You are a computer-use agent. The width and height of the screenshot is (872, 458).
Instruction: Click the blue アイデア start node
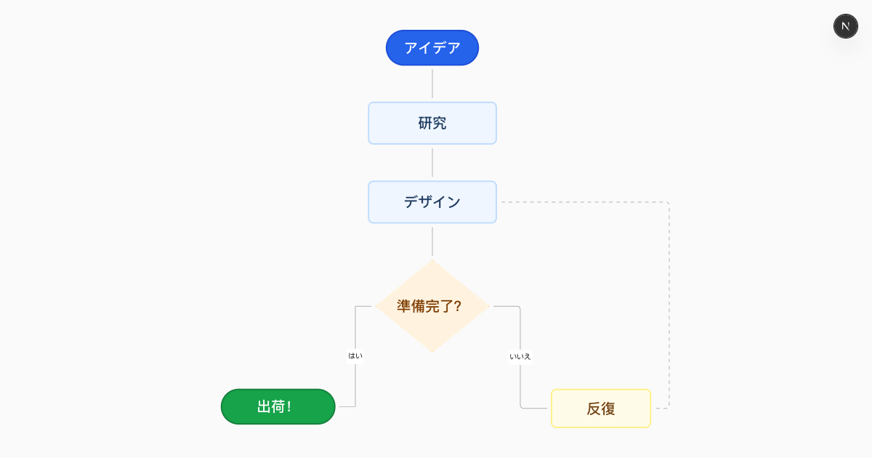pyautogui.click(x=432, y=48)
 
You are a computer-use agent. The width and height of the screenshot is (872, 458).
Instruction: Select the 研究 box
pyautogui.click(x=432, y=123)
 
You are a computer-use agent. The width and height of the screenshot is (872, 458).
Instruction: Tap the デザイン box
pyautogui.click(x=432, y=202)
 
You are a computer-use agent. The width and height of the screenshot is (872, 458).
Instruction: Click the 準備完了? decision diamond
pyautogui.click(x=432, y=306)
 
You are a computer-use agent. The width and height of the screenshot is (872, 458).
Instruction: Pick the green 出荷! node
pyautogui.click(x=278, y=406)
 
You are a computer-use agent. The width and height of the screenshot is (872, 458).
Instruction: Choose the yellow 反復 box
pyautogui.click(x=601, y=409)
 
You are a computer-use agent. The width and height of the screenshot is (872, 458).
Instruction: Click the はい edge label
pyautogui.click(x=355, y=355)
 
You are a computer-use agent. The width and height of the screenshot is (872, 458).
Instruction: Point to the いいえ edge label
pyautogui.click(x=520, y=356)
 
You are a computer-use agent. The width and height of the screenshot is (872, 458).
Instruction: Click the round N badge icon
pyautogui.click(x=845, y=26)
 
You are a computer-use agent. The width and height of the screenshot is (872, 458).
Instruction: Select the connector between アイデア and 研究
pyautogui.click(x=432, y=84)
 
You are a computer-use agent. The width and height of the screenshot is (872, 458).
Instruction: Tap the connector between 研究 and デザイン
pyautogui.click(x=432, y=163)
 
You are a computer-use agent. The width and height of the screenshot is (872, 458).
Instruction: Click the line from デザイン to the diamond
pyautogui.click(x=432, y=241)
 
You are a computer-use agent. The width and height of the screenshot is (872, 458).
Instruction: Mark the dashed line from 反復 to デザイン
pyautogui.click(x=669, y=305)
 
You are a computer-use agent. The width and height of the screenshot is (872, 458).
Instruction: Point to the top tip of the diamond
pyautogui.click(x=432, y=261)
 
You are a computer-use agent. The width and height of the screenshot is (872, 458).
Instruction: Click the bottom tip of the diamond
pyautogui.click(x=432, y=352)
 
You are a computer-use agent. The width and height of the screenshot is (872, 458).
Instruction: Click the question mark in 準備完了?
pyautogui.click(x=457, y=306)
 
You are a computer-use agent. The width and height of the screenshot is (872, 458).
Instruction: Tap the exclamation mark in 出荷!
pyautogui.click(x=289, y=407)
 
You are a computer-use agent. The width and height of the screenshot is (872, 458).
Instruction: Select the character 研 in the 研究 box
pyautogui.click(x=425, y=123)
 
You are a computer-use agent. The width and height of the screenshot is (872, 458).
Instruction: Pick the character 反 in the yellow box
pyautogui.click(x=594, y=409)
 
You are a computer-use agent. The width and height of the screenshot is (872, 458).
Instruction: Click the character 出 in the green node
pyautogui.click(x=264, y=407)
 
